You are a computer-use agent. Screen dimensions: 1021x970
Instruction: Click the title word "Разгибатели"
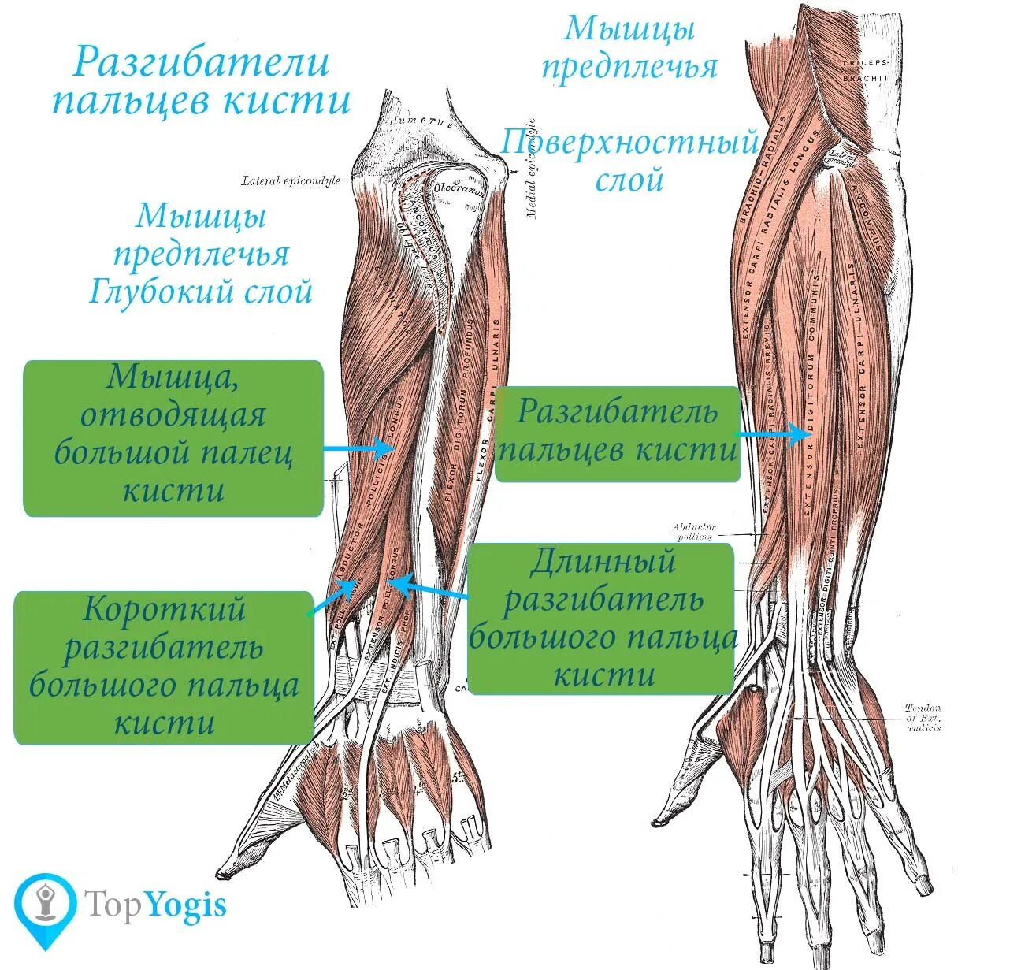coord(201,62)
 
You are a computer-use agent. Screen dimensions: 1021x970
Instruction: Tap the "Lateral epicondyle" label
coord(290,180)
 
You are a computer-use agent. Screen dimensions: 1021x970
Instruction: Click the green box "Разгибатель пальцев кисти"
coord(617,432)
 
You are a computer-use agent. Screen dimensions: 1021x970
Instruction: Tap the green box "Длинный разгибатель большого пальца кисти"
coord(601,618)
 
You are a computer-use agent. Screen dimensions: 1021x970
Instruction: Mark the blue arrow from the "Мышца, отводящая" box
coord(358,448)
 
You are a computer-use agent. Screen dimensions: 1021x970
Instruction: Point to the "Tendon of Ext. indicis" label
coord(923,718)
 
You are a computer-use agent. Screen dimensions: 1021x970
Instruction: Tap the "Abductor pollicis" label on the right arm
coord(693,531)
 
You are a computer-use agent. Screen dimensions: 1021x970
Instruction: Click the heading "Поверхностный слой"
coord(629,162)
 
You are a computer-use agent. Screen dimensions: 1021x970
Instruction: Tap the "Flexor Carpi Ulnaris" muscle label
coord(487,402)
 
